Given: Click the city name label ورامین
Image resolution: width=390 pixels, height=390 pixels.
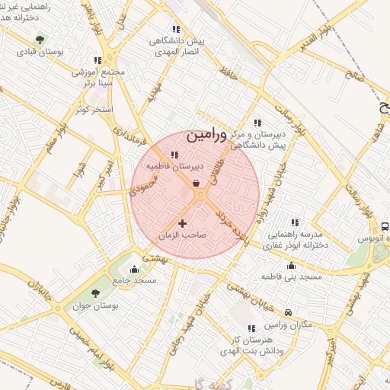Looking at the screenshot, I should tap(206, 136).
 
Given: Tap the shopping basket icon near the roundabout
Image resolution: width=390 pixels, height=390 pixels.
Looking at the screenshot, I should tap(197, 183).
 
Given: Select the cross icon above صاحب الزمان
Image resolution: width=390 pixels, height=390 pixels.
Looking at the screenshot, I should tap(181, 223).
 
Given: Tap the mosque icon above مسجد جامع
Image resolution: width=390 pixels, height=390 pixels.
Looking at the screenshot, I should tap(135, 268).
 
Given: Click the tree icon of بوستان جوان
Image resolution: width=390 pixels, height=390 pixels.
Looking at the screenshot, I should tap(95, 293).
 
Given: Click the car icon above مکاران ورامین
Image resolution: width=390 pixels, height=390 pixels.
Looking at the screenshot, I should tap(288, 312).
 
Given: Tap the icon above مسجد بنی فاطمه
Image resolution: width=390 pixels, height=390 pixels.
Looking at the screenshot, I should tap(291, 266).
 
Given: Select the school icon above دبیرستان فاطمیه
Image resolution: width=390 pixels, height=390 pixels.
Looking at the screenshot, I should tap(175, 155).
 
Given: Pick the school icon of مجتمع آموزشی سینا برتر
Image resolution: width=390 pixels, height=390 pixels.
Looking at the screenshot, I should tap(97, 60).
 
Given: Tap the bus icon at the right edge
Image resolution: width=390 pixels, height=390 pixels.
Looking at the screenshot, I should tap(384, 225).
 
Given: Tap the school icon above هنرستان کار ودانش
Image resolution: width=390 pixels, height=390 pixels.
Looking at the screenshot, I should tap(252, 328).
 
